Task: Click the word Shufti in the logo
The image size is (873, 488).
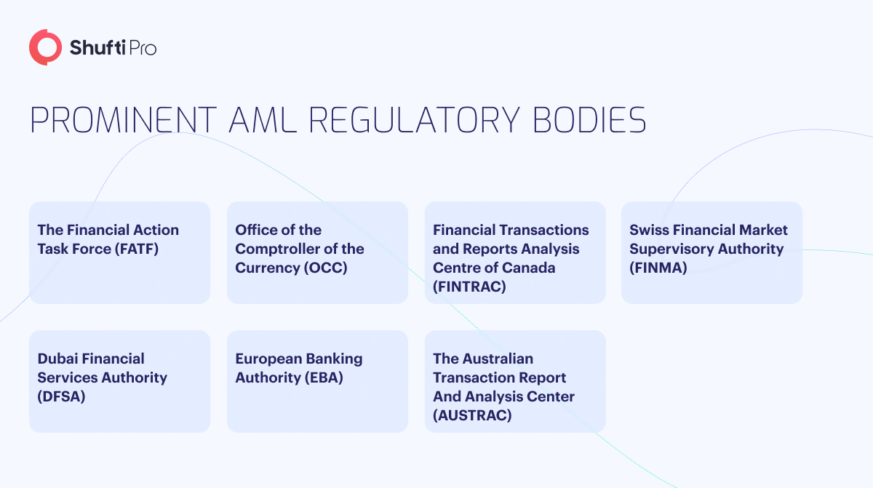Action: pos(97,48)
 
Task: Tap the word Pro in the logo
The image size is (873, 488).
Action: pos(143,48)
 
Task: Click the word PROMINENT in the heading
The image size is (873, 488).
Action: pos(123,120)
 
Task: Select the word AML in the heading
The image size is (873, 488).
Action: pos(263,120)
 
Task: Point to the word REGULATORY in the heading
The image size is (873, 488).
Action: pos(414,120)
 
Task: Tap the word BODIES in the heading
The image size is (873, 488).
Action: pos(590,120)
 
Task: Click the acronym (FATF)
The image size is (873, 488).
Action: pos(137,249)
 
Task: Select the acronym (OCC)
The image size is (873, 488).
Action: pos(325,268)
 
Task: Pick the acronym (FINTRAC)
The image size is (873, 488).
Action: pos(469,287)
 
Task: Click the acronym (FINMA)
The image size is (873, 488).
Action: pos(658,268)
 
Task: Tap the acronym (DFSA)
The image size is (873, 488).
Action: pos(61,396)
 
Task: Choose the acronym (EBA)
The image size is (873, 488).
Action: pos(324,377)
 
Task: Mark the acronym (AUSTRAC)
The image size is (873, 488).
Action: pos(472,415)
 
